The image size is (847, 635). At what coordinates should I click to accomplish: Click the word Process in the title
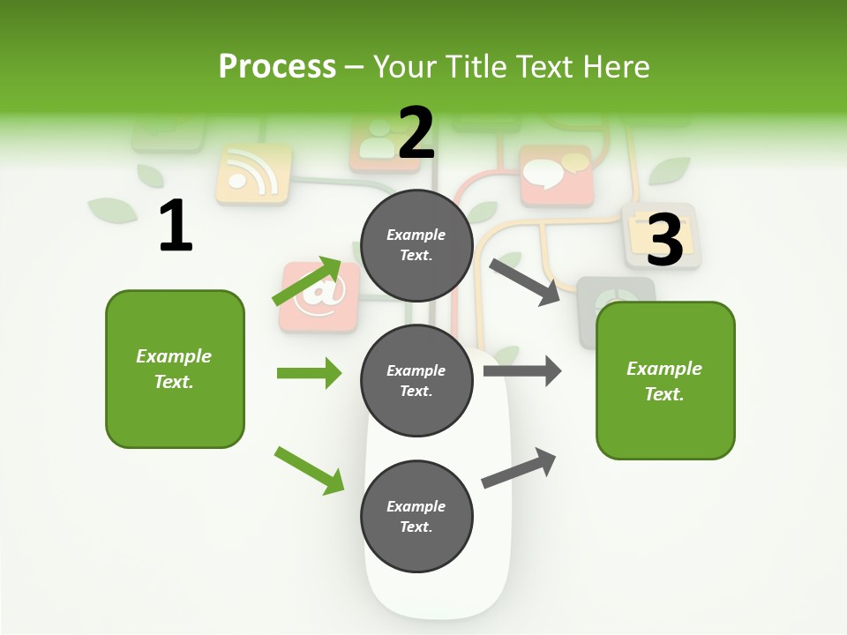pos(277,67)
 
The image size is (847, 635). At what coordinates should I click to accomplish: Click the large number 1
pos(176,226)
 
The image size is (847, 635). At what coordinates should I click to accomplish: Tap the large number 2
pos(416,132)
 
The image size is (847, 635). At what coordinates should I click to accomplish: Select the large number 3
pos(665,240)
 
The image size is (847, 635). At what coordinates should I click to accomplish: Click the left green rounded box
pos(175,369)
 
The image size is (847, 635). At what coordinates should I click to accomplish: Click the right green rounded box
pos(665,380)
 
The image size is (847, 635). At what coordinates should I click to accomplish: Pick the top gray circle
pos(416,245)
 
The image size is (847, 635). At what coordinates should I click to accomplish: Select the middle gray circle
pos(416,380)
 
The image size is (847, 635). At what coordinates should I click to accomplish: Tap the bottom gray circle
pos(416,516)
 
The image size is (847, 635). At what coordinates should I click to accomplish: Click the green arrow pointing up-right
pos(307,281)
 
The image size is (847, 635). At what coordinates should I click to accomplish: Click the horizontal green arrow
pos(309,373)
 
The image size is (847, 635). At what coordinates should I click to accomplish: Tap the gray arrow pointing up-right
pos(519,468)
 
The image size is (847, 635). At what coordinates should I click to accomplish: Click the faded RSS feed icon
pos(253,174)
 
